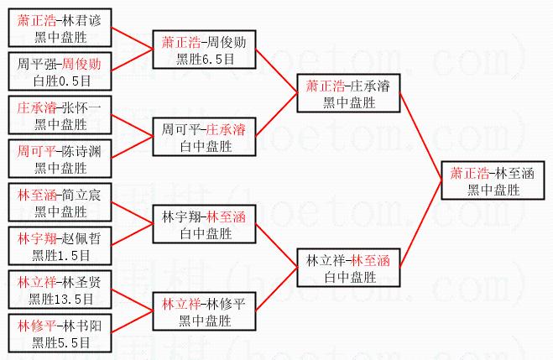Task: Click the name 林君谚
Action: tap(83, 18)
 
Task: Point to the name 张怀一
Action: tap(83, 107)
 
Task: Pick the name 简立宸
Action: tap(83, 195)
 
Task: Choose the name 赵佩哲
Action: tap(83, 238)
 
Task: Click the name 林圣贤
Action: tap(83, 282)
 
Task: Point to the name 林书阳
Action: tap(83, 326)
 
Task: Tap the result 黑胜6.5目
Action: tap(205, 60)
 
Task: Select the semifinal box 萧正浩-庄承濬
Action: tap(349, 94)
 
